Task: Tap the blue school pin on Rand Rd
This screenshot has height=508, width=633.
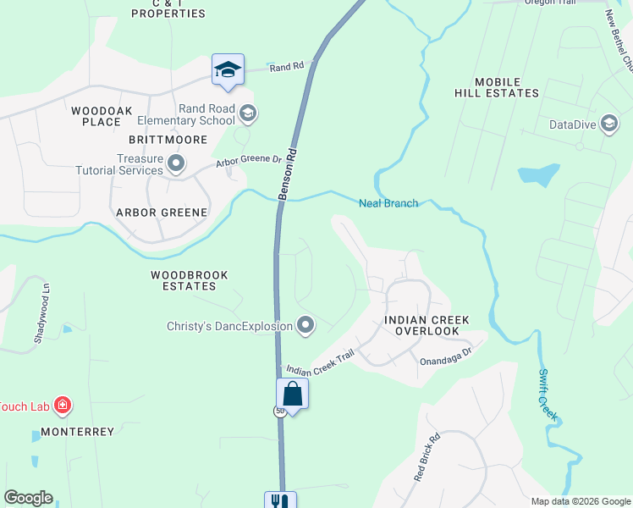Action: click(x=228, y=70)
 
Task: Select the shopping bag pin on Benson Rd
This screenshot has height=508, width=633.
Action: click(x=292, y=395)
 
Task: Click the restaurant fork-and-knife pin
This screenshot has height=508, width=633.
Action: click(x=279, y=501)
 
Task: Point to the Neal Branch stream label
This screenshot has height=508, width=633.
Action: click(x=388, y=203)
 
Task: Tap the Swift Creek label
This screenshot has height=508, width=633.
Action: click(x=548, y=395)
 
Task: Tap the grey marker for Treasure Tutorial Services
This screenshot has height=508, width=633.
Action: click(x=176, y=163)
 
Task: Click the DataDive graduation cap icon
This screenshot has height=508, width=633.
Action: click(x=608, y=125)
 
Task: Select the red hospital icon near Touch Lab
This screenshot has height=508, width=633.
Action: click(x=62, y=406)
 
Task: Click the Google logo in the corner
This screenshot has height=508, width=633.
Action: click(x=27, y=498)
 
